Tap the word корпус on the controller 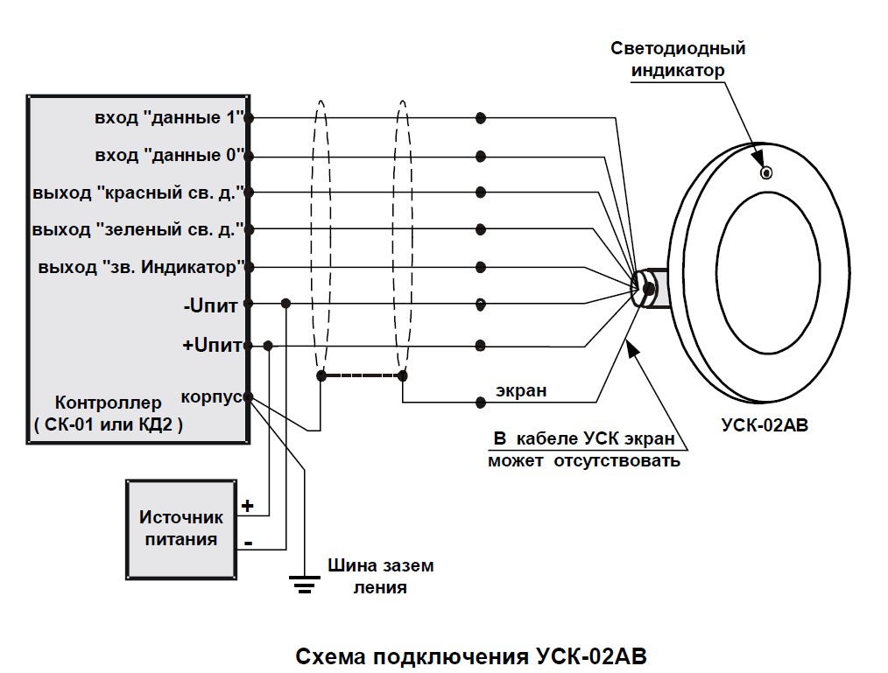coord(211,397)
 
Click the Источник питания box coord(180,529)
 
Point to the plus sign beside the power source coord(248,506)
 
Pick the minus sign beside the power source coord(249,543)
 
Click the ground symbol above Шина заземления coord(304,583)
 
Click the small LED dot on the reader coord(765,172)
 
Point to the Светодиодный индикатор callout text coord(678,60)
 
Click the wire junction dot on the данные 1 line coord(480,118)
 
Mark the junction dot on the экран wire coord(480,403)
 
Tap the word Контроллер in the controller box coord(109,403)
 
